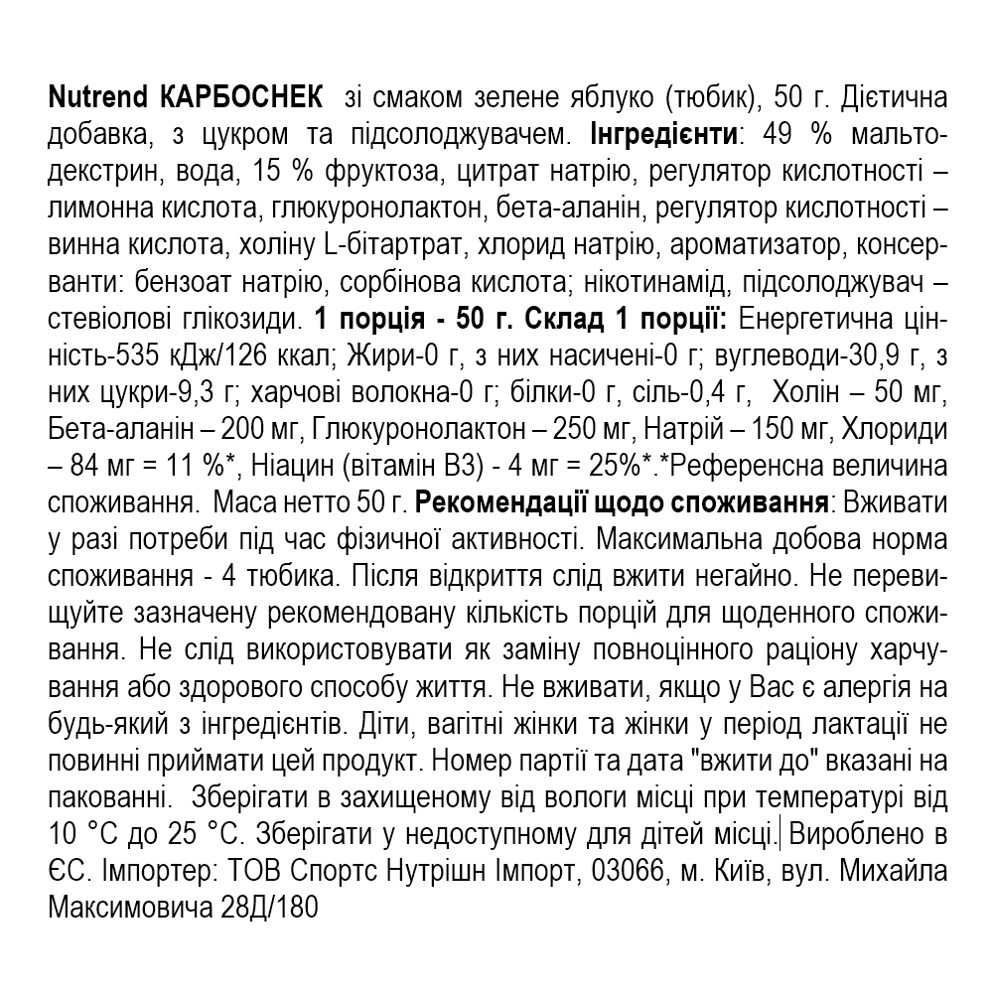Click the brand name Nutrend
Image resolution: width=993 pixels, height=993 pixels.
click(97, 99)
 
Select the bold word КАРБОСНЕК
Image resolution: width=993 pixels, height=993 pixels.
click(239, 99)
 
